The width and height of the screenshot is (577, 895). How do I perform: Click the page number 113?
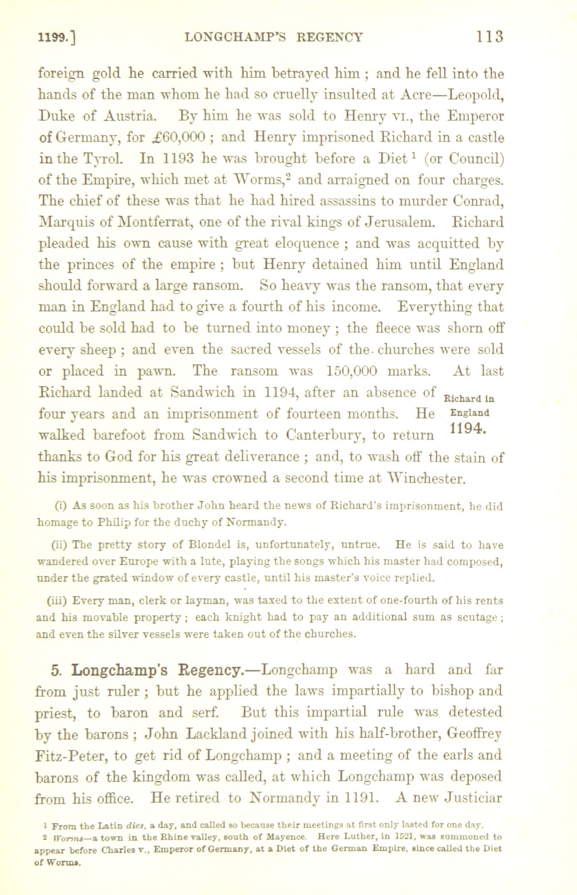pyautogui.click(x=490, y=36)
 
